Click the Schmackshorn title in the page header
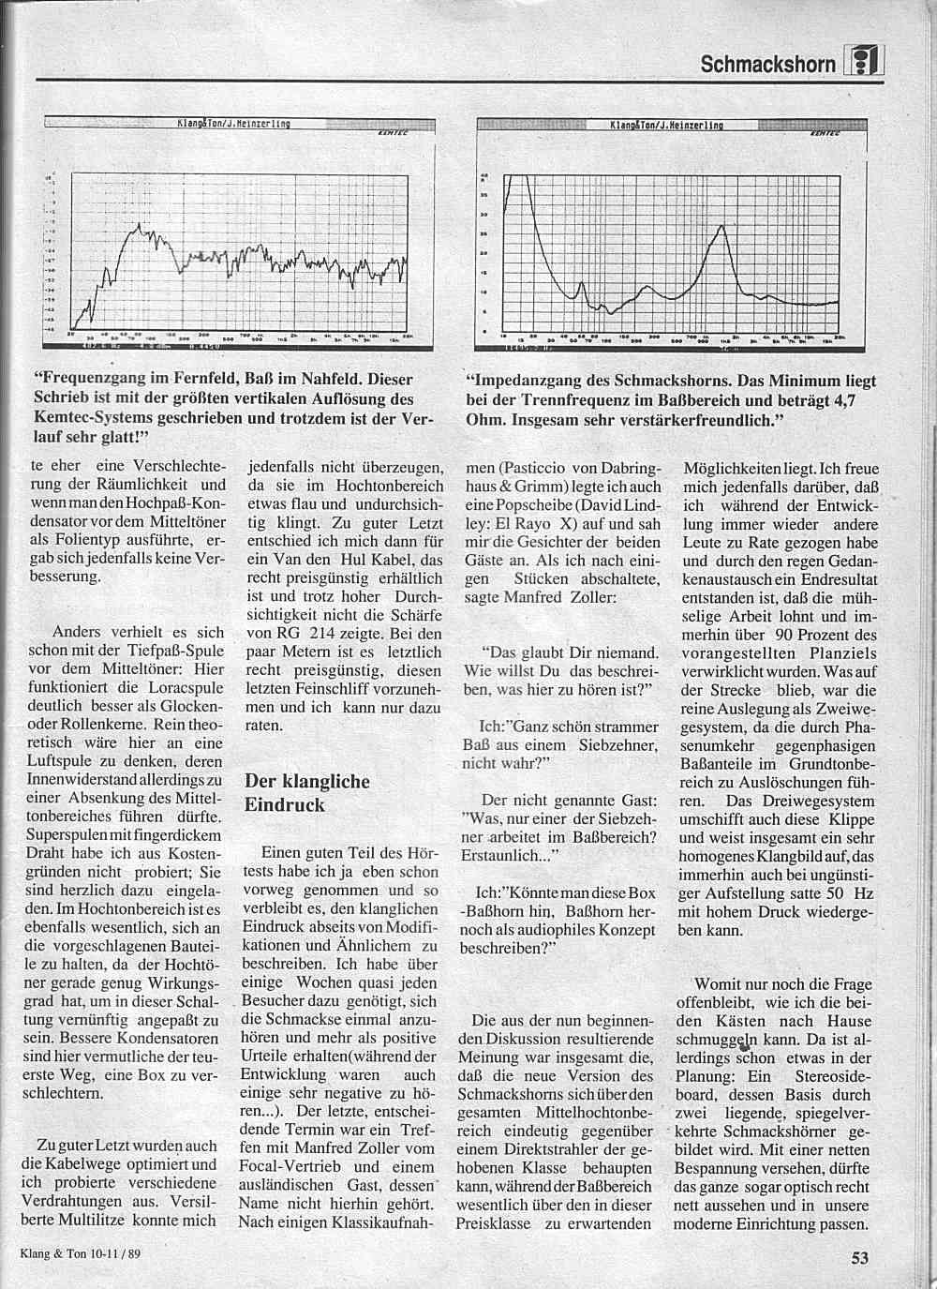pyautogui.click(x=767, y=64)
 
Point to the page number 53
pyautogui.click(x=860, y=1258)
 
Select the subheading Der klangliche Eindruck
pyautogui.click(x=306, y=792)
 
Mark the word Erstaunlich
pyautogui.click(x=499, y=855)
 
